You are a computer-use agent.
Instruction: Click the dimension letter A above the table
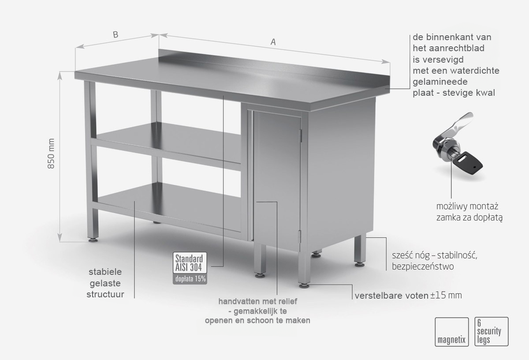pyautogui.click(x=273, y=42)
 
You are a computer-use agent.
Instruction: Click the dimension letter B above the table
pyautogui.click(x=115, y=35)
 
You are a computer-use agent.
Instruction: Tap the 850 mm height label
pyautogui.click(x=51, y=154)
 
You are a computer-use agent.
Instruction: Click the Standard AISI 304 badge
pyautogui.click(x=190, y=262)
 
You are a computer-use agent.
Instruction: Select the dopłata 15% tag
pyautogui.click(x=190, y=279)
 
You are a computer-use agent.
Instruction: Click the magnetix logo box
pyautogui.click(x=451, y=332)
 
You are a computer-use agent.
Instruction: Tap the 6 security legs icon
pyautogui.click(x=492, y=332)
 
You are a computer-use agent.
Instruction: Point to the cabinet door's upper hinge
pyautogui.click(x=301, y=136)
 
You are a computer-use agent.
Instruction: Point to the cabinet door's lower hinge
pyautogui.click(x=300, y=236)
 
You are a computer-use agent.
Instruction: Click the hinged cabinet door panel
pyautogui.click(x=277, y=180)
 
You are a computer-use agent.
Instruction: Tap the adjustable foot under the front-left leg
pyautogui.click(x=93, y=240)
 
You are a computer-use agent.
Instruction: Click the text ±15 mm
pyautogui.click(x=446, y=296)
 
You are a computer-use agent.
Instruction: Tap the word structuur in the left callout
pyautogui.click(x=105, y=294)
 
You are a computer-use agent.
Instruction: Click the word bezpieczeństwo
pyautogui.click(x=423, y=266)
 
